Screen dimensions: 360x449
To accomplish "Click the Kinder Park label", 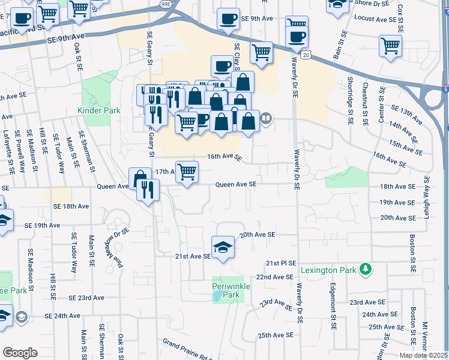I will point(99,110).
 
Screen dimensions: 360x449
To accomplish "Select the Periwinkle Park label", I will point(226,290).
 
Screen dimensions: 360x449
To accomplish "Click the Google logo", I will point(20,353).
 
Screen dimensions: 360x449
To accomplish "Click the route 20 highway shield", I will point(306,55).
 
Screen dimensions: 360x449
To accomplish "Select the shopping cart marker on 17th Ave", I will point(187,172).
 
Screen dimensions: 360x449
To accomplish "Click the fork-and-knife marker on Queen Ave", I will point(148,190).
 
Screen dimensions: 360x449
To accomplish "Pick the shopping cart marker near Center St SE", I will point(391,45).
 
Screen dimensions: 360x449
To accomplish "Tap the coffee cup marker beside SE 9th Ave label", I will point(228,19).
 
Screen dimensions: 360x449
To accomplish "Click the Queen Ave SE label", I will point(236,185).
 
